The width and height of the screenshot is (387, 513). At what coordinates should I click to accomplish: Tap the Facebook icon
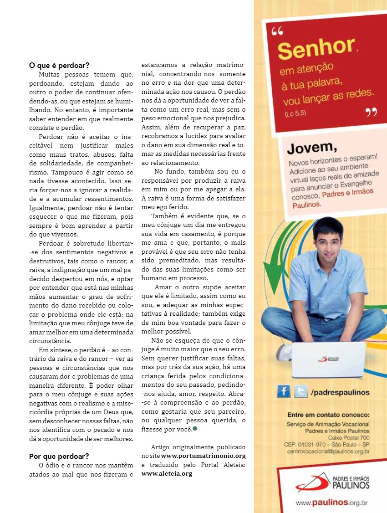click(x=284, y=392)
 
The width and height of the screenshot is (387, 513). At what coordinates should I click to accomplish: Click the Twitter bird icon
click(x=300, y=392)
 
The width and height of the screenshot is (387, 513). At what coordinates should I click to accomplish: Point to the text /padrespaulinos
click(x=340, y=392)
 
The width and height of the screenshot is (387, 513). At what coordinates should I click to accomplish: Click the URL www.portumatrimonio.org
click(x=203, y=456)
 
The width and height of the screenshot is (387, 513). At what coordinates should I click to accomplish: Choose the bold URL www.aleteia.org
click(x=167, y=473)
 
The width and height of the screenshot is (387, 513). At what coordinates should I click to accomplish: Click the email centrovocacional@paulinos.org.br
click(x=328, y=451)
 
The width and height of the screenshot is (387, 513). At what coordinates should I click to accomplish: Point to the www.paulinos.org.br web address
click(x=331, y=503)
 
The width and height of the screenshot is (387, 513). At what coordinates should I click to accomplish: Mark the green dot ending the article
click(x=195, y=428)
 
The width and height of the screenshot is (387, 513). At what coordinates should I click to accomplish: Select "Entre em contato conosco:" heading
click(x=328, y=415)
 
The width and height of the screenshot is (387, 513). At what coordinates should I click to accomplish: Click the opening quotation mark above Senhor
click(x=277, y=31)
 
